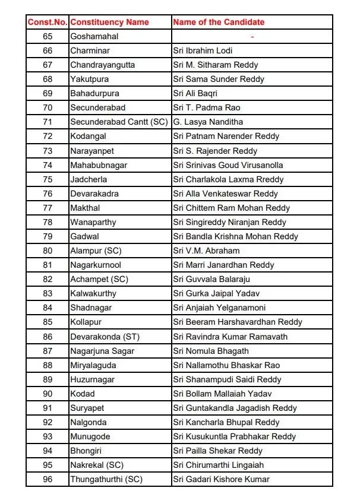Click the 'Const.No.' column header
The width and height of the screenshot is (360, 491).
[48, 22]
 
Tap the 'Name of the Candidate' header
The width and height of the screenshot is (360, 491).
[219, 22]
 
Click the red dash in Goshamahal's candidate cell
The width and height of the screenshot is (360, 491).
[252, 37]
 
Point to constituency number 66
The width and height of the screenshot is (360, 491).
[48, 50]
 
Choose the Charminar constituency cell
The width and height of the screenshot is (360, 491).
[90, 50]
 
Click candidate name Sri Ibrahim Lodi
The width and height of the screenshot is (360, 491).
[203, 50]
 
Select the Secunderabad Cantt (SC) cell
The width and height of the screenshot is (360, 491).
[119, 122]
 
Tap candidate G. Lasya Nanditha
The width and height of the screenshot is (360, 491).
[208, 122]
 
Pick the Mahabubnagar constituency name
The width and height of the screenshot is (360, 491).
[99, 165]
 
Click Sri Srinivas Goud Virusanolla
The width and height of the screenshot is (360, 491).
[228, 165]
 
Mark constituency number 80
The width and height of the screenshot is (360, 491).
[48, 251]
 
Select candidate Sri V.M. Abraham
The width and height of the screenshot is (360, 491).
[206, 251]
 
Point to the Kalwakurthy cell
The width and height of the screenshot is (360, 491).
[93, 293]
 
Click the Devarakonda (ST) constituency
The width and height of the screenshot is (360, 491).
[105, 337]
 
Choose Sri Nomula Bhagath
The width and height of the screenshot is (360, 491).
[211, 351]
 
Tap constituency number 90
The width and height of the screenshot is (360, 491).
[48, 394]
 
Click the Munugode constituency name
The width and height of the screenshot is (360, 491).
[90, 436]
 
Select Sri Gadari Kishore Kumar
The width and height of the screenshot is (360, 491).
[221, 479]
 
